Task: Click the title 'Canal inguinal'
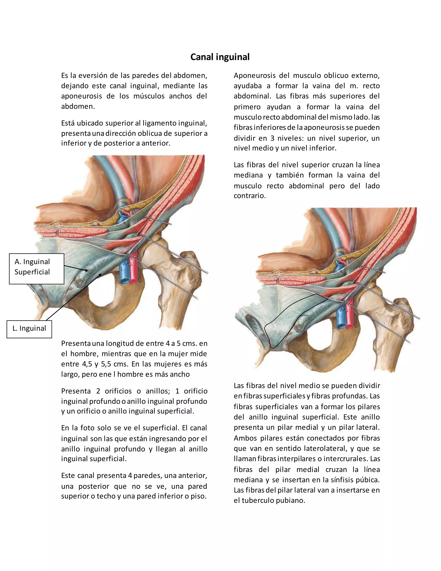pos(220,57)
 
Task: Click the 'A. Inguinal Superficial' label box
pos(37,268)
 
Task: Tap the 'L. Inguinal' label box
pos(29,329)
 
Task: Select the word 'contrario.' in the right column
pos(250,196)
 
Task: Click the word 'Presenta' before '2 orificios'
pos(76,391)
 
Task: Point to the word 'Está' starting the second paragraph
pos(68,123)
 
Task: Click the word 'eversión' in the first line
pos(93,76)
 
